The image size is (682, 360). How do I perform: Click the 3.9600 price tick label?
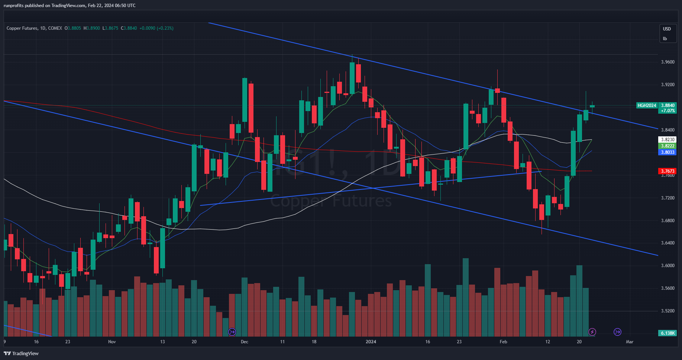pyautogui.click(x=668, y=62)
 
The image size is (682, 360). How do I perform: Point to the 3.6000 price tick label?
pyautogui.click(x=668, y=266)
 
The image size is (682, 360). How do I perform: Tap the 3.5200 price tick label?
pyautogui.click(x=668, y=311)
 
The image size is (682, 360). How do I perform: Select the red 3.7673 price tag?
pyautogui.click(x=668, y=171)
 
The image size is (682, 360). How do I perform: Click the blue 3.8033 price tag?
pyautogui.click(x=668, y=152)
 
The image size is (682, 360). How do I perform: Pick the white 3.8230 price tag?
pyautogui.click(x=668, y=140)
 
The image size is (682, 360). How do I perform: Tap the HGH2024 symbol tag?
pyautogui.click(x=647, y=106)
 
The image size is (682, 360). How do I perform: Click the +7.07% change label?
pyautogui.click(x=668, y=111)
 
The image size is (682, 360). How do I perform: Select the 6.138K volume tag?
pyautogui.click(x=668, y=333)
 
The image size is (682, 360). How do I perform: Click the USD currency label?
pyautogui.click(x=667, y=29)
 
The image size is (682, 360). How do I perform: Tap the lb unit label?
pyautogui.click(x=665, y=39)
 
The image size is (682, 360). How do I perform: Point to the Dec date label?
pyautogui.click(x=244, y=342)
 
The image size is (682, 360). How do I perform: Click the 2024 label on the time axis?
pyautogui.click(x=371, y=342)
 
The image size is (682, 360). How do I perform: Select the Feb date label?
pyautogui.click(x=503, y=342)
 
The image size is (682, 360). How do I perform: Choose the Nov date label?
pyautogui.click(x=112, y=342)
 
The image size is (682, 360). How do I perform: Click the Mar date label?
pyautogui.click(x=630, y=342)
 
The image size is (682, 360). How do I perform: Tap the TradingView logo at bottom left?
pyautogui.click(x=21, y=353)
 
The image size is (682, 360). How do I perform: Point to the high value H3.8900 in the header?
pyautogui.click(x=91, y=28)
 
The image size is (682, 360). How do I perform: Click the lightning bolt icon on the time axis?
pyautogui.click(x=592, y=332)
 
